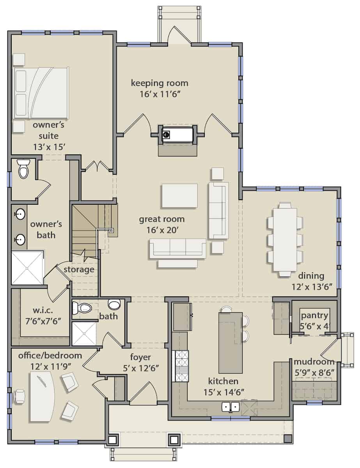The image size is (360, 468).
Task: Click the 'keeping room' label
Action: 159,83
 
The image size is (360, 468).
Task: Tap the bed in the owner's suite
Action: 41,93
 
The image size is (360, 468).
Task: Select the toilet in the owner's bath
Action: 23,170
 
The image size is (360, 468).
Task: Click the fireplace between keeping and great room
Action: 178,135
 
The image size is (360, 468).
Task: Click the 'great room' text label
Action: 161,219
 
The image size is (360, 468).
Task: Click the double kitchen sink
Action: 231,407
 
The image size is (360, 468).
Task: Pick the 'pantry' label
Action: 314,316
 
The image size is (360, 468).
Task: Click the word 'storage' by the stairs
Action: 79,269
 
